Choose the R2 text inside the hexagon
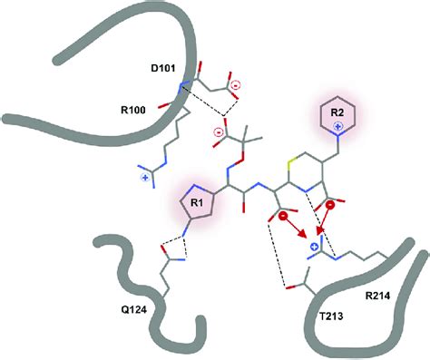tap(337, 112)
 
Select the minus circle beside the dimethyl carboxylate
tap(218, 134)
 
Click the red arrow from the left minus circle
tap(300, 234)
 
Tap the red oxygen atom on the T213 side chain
tap(287, 290)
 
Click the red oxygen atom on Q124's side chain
tap(161, 248)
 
